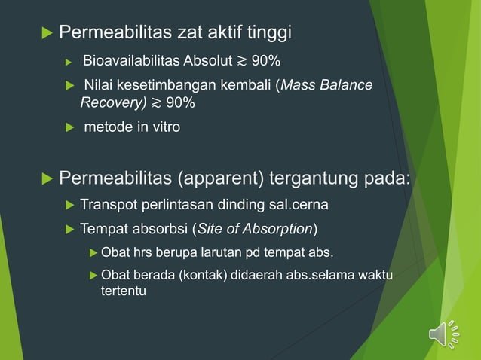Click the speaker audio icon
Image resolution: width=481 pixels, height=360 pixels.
pyautogui.click(x=443, y=334)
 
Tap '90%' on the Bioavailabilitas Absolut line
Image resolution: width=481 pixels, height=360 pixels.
pyautogui.click(x=266, y=60)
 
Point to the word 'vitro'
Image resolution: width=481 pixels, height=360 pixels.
pyautogui.click(x=164, y=127)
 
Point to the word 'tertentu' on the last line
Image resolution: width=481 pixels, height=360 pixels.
pyautogui.click(x=124, y=290)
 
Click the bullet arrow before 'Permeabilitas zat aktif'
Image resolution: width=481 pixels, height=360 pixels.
pyautogui.click(x=44, y=33)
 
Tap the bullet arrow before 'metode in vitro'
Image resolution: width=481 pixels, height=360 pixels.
pyautogui.click(x=69, y=127)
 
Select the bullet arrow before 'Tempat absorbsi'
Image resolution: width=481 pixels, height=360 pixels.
pyautogui.click(x=69, y=228)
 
